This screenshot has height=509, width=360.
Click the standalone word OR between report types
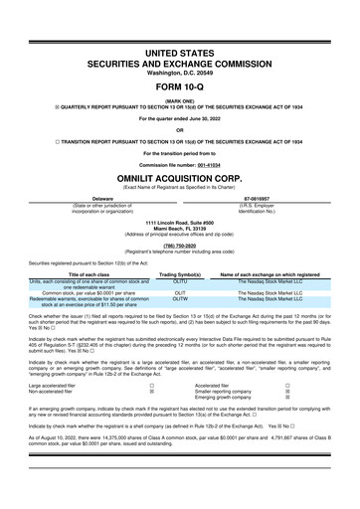pos(180,128)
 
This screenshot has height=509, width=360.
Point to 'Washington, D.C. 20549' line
pos(180,68)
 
